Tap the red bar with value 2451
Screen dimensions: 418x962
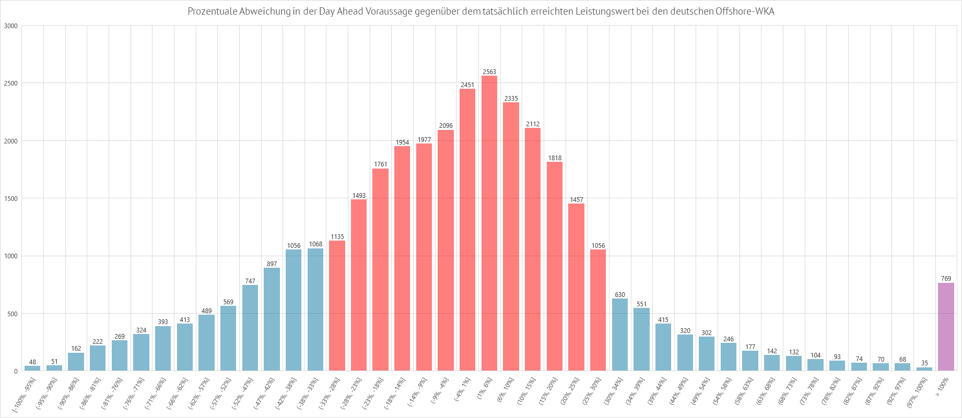[467, 230]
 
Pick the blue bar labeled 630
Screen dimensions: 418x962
[620, 335]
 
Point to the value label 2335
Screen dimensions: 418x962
[511, 99]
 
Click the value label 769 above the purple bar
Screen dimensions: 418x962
[946, 279]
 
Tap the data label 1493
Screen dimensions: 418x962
[359, 196]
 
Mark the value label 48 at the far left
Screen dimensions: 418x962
[32, 362]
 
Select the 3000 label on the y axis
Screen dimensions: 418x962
[10, 26]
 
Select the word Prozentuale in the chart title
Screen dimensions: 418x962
[212, 11]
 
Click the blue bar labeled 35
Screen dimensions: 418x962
[924, 369]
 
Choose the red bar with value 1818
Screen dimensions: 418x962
[555, 266]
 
